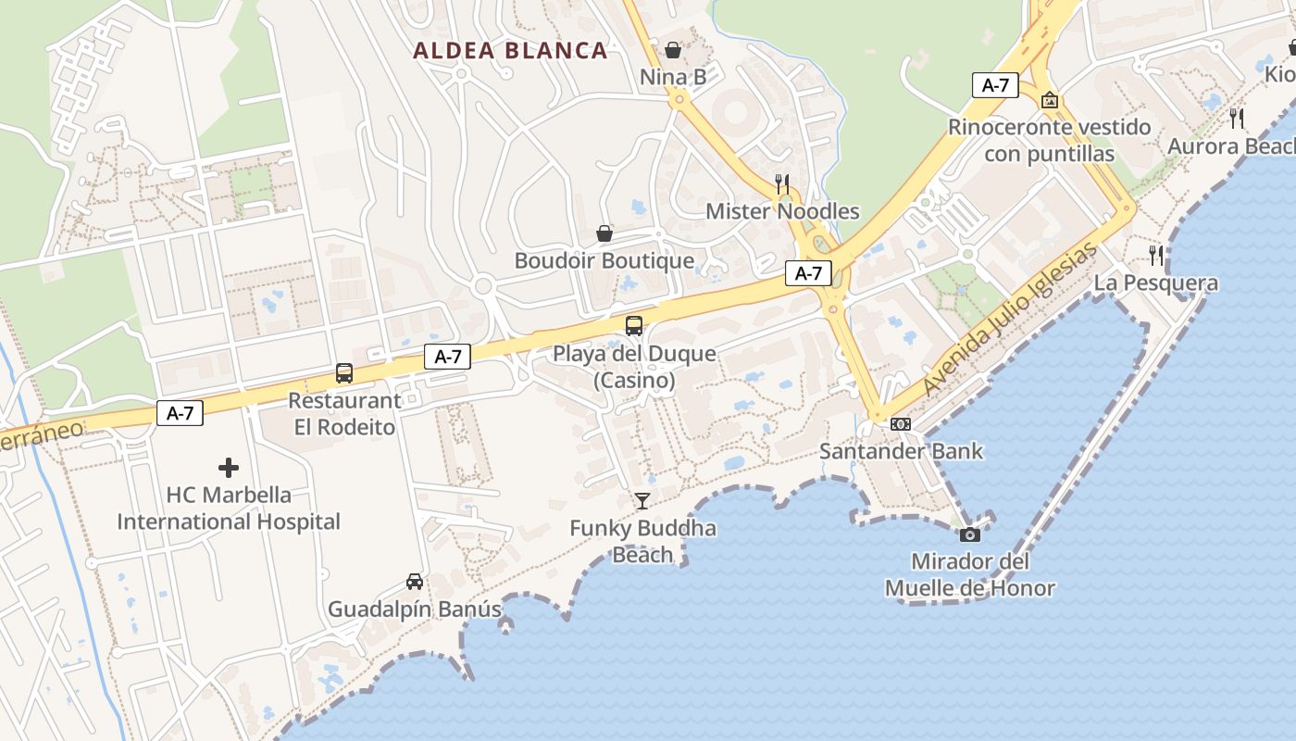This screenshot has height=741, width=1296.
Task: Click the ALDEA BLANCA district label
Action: (x=510, y=51)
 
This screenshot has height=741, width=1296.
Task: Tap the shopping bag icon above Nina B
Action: (x=673, y=49)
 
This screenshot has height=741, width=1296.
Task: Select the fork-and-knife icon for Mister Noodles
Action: (x=782, y=183)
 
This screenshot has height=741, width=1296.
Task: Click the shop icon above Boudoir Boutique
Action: (x=604, y=232)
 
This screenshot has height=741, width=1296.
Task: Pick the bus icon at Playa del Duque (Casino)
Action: (x=634, y=326)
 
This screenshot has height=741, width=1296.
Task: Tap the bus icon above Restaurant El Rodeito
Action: (x=344, y=373)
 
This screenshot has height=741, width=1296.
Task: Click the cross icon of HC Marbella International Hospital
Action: (x=229, y=468)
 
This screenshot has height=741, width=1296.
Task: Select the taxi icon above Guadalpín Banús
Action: (x=415, y=582)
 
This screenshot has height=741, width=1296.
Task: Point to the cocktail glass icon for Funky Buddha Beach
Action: (x=642, y=501)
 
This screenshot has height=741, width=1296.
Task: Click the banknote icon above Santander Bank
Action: (x=900, y=424)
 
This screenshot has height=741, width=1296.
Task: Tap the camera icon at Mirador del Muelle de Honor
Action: (x=970, y=534)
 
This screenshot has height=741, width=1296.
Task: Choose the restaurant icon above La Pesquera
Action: (x=1156, y=256)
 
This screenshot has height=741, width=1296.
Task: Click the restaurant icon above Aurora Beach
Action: (x=1237, y=119)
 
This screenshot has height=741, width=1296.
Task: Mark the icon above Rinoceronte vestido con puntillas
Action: (x=1050, y=99)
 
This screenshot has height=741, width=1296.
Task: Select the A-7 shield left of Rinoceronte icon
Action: (x=995, y=85)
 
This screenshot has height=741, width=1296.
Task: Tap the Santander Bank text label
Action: (x=901, y=452)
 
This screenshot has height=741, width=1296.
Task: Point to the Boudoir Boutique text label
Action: (x=604, y=260)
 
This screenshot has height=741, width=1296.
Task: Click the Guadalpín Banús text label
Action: (x=415, y=609)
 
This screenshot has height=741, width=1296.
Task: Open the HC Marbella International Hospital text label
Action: (x=229, y=509)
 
